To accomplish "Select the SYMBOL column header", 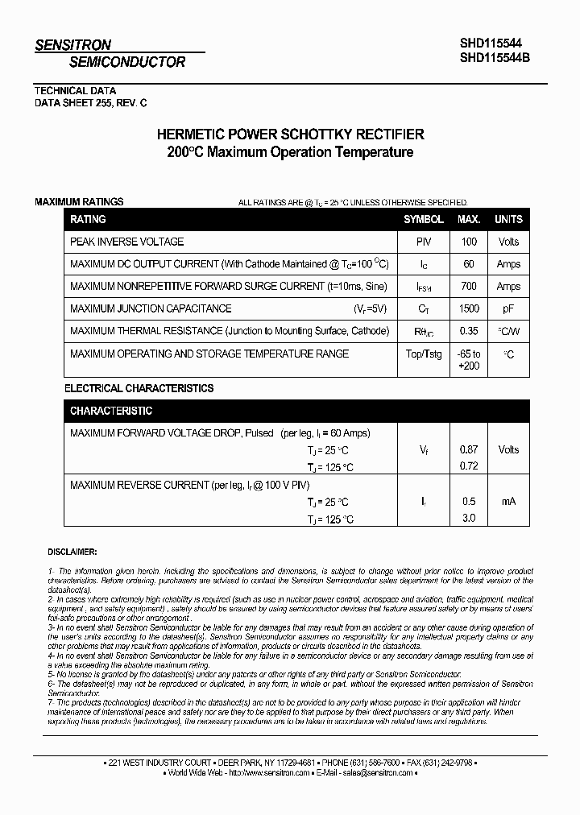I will tap(423, 219).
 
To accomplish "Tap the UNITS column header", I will tap(508, 219).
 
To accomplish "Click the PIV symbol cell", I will tap(423, 242).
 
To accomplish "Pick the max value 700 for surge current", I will tap(469, 286).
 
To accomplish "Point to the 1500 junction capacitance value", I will tap(469, 308).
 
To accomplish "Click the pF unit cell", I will tap(508, 308).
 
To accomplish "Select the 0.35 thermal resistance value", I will tap(469, 331).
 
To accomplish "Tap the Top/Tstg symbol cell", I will tap(423, 354).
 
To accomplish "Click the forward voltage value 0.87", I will tap(469, 449).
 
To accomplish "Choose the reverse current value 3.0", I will tap(469, 519).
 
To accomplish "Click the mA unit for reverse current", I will tap(508, 502).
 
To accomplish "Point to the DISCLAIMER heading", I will tap(72, 552).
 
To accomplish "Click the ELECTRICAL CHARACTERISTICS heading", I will tap(139, 388).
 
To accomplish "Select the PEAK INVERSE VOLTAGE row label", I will tap(127, 242).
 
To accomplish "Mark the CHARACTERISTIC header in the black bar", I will tap(111, 411).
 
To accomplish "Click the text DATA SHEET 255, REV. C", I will tap(91, 103).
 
